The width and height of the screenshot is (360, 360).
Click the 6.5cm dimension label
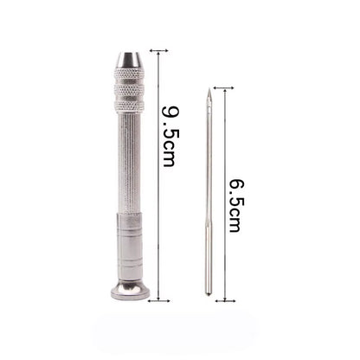pos(235,206)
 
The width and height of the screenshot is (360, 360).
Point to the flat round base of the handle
pos(131,291)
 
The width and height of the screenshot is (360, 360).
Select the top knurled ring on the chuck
pos(129,74)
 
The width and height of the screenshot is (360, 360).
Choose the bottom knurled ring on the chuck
pos(129,106)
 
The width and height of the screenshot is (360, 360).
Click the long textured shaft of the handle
pos(129,163)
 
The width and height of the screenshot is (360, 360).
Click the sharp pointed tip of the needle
pos(209,89)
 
